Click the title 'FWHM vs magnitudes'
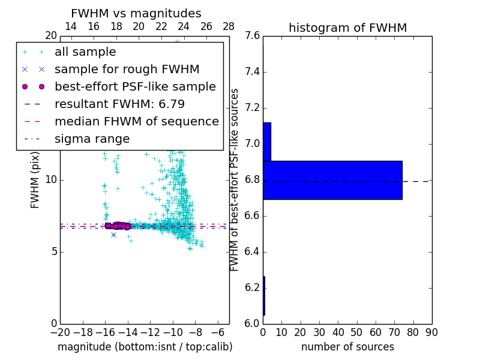pos(136,13)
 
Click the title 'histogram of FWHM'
pos(347,28)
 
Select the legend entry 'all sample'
pos(85,52)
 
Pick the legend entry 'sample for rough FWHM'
pos(127,70)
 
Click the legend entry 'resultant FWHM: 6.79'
pos(119,104)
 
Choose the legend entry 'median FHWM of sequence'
pos(136,121)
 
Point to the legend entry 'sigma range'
pos(92,139)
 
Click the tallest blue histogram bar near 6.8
pos(332,180)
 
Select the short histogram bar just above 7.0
pos(267,142)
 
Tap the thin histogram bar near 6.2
pos(264,295)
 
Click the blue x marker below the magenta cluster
pos(113,235)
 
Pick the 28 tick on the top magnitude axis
pos(229,26)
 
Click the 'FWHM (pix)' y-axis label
pos(35,179)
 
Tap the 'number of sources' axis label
pos(347,347)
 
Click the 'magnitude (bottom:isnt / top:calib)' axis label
pos(145,347)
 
